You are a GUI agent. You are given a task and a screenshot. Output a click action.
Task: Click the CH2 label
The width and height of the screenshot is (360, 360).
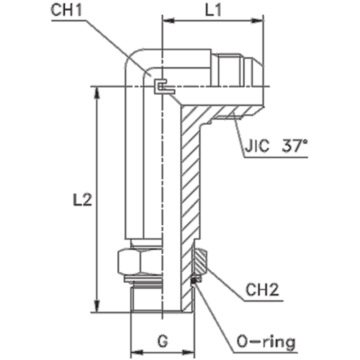click(x=262, y=290)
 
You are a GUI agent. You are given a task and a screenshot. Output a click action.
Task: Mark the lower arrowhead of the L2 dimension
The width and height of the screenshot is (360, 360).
click(x=96, y=305)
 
